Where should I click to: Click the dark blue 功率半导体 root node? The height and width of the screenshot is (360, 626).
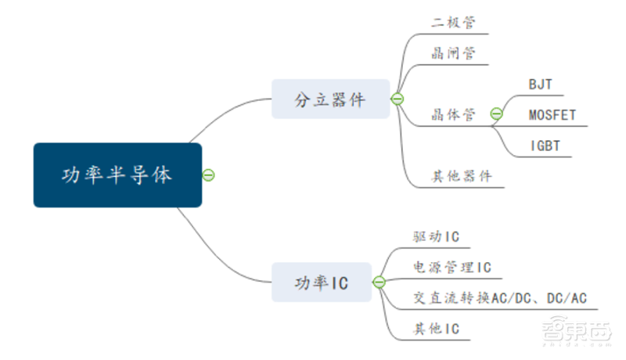(117, 175)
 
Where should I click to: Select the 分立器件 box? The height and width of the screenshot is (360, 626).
(330, 99)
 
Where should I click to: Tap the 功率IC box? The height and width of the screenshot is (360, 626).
(321, 283)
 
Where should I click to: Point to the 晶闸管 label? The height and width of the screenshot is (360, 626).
(452, 54)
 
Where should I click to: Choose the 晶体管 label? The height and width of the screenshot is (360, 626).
(453, 115)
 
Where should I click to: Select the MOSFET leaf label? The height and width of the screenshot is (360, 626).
(552, 116)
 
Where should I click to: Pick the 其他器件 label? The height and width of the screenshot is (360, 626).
(462, 176)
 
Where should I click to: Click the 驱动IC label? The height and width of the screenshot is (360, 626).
(436, 236)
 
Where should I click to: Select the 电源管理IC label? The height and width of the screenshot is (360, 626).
(452, 268)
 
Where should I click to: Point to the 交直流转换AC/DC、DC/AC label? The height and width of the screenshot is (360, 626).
(500, 298)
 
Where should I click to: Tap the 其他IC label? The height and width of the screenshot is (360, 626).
(436, 329)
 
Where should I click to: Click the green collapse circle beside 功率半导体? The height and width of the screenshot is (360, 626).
(208, 175)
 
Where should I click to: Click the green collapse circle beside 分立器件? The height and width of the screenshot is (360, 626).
(397, 99)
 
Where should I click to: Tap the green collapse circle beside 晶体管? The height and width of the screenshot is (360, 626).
(496, 114)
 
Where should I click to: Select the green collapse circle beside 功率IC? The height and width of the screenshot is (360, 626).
(379, 283)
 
